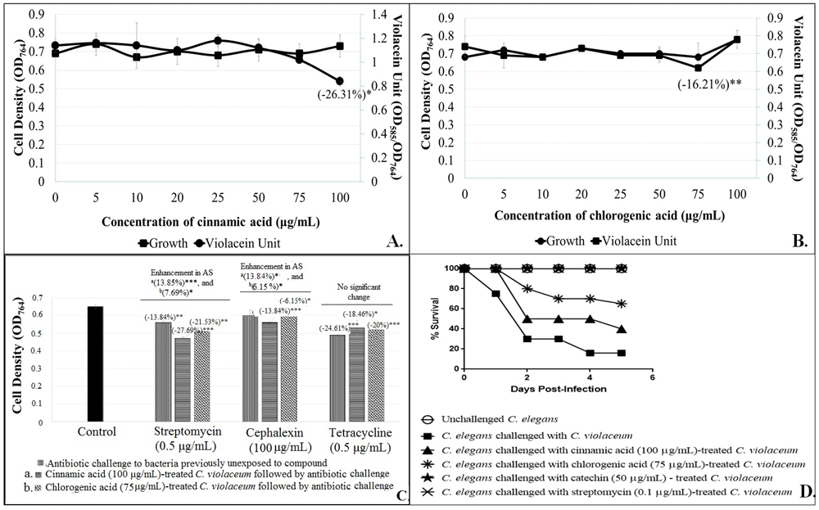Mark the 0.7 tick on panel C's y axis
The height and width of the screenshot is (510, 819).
[34, 297]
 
